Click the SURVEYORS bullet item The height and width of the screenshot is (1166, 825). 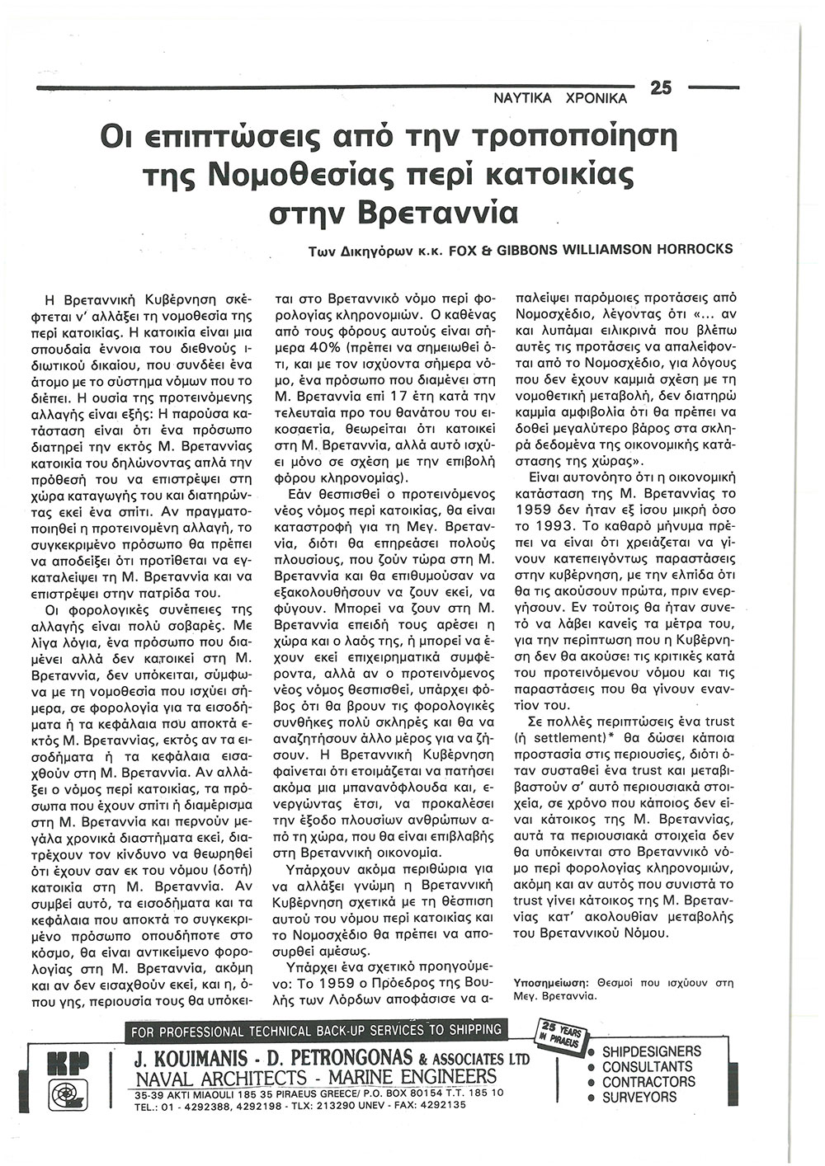(x=639, y=1098)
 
